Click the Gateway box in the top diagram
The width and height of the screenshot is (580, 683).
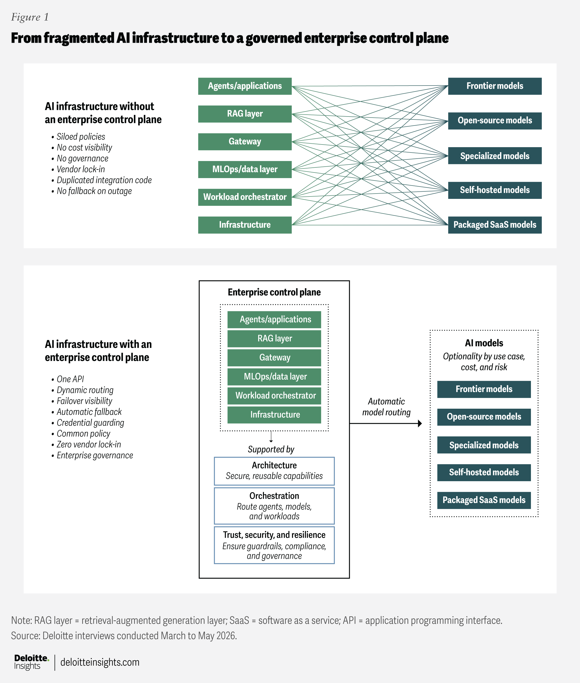coord(245,142)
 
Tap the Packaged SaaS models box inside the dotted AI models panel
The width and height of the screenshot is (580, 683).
coord(484,500)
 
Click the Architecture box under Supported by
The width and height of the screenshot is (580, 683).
coord(274,471)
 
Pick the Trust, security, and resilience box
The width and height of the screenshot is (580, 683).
coord(274,545)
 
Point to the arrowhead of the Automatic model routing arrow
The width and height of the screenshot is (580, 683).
coord(420,423)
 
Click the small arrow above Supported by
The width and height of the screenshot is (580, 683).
coord(271,436)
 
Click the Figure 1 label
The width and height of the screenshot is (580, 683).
coord(30,17)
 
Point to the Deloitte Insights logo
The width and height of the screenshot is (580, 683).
coord(31,662)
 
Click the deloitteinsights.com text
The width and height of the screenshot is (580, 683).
coord(100,662)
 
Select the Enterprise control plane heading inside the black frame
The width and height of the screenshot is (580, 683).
coord(274,292)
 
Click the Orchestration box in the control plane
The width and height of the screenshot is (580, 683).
coord(274,506)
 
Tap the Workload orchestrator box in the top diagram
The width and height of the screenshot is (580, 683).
coord(245,197)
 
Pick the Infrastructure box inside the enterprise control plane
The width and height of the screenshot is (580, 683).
coord(274,415)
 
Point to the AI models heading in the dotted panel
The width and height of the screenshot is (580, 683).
coord(484,343)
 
